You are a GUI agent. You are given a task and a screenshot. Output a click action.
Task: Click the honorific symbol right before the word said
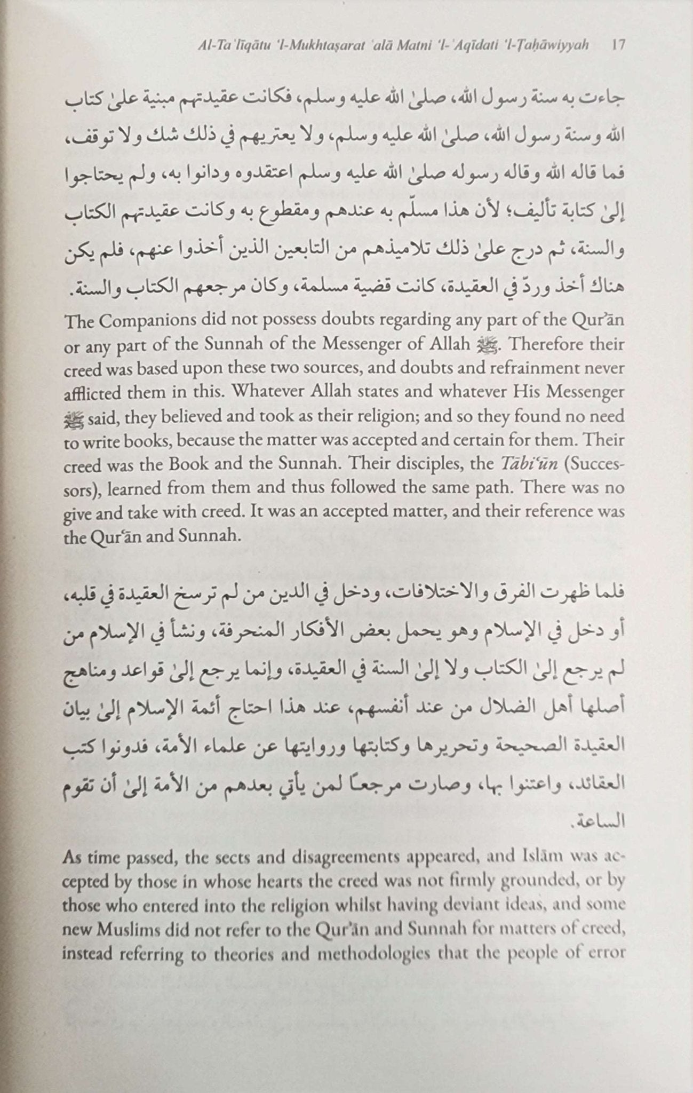70,418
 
